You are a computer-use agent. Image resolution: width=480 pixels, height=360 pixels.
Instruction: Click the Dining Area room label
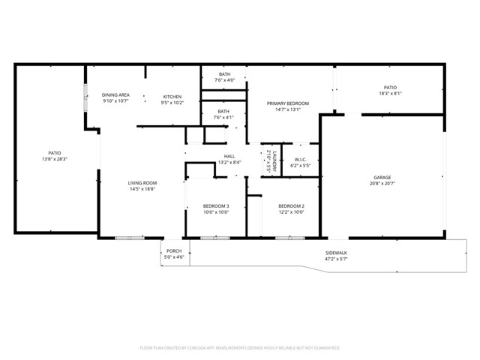[116, 95]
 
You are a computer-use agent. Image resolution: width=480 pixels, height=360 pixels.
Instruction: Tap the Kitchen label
[173, 96]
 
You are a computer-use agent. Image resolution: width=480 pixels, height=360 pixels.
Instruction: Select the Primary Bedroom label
[288, 103]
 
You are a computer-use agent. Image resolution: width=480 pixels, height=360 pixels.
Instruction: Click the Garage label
[382, 178]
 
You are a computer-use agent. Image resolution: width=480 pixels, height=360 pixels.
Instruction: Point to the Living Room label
[142, 182]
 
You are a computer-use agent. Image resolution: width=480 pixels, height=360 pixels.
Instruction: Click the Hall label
[229, 156]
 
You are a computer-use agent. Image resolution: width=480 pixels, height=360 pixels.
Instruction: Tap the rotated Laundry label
[275, 161]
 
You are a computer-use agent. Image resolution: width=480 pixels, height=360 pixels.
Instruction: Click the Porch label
[174, 251]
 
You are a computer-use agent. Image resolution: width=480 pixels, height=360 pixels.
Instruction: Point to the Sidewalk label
[336, 252]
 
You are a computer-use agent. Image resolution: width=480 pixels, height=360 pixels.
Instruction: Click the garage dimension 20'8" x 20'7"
[382, 183]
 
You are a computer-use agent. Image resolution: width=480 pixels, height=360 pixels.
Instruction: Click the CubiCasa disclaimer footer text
[240, 348]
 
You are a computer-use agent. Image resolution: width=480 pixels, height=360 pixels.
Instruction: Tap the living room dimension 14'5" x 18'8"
[142, 188]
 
